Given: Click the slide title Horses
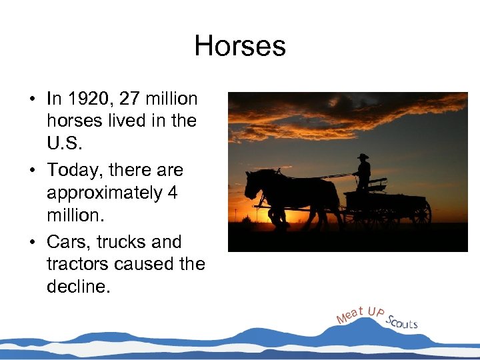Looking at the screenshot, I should coord(240,47).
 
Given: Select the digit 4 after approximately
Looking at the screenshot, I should coord(173,193).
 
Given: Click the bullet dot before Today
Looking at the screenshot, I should coord(33,171).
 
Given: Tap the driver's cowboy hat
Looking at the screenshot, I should coord(362,157).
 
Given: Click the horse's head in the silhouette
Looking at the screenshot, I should coord(252,183).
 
